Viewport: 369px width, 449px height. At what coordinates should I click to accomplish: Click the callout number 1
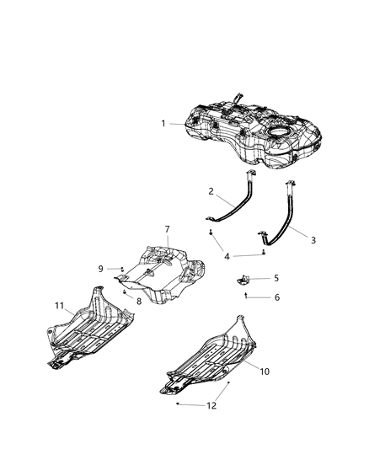tap(163, 124)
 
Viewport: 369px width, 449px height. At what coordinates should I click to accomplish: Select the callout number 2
tap(211, 191)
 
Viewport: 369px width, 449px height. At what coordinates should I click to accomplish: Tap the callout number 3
tap(313, 240)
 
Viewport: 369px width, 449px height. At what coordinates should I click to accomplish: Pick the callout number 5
tap(275, 277)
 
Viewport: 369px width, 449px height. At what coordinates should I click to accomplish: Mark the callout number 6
tap(275, 297)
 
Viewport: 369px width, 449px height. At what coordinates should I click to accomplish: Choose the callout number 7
tap(167, 229)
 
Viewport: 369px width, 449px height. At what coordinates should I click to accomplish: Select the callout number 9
tap(101, 269)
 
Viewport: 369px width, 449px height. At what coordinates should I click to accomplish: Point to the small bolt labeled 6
tap(246, 296)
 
